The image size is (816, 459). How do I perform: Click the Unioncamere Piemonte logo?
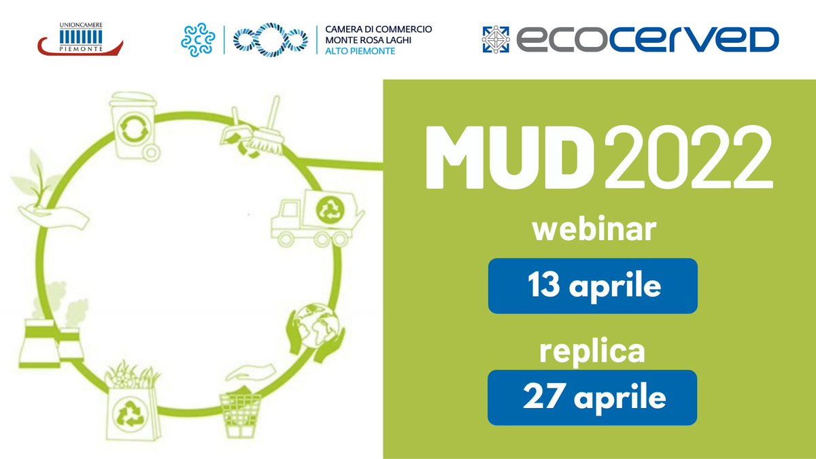(x=80, y=40)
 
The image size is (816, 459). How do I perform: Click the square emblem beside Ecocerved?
(x=496, y=39)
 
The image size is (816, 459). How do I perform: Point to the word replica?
(x=593, y=352)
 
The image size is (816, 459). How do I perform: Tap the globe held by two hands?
(x=314, y=329)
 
